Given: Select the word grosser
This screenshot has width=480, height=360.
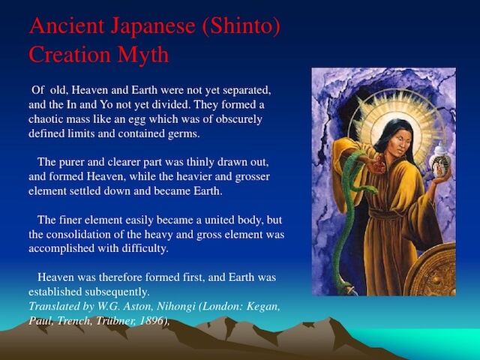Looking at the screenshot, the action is tap(252, 177).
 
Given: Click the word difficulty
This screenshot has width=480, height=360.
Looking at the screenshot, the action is tap(145, 248).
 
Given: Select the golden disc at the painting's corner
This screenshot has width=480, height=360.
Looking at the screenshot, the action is tap(431, 269).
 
